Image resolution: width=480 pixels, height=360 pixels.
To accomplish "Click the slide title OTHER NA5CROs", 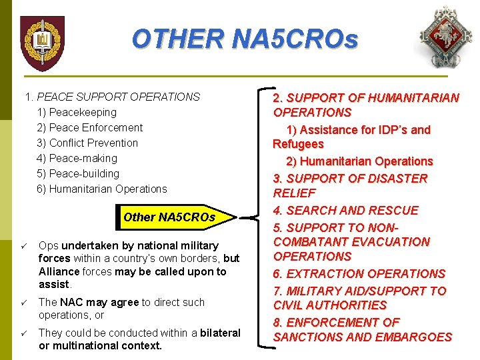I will tap(245, 39).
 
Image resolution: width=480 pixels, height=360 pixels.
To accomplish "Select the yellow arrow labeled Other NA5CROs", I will tap(175, 217).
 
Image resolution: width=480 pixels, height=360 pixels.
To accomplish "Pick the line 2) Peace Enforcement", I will tap(89, 127).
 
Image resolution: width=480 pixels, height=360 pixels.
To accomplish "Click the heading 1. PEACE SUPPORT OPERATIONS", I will tap(112, 97).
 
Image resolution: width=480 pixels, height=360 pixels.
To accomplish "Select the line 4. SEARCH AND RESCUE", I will tap(345, 210).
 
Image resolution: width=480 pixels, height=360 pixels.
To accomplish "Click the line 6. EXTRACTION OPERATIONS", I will tap(359, 273).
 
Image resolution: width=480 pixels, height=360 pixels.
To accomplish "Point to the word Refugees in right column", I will tap(298, 144).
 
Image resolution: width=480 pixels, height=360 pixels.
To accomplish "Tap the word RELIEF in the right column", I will tap(294, 193).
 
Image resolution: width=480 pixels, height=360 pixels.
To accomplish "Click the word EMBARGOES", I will tap(411, 337).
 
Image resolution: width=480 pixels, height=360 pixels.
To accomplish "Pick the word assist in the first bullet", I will tap(54, 284).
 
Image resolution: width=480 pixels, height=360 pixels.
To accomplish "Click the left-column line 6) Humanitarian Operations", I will tap(101, 189).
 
